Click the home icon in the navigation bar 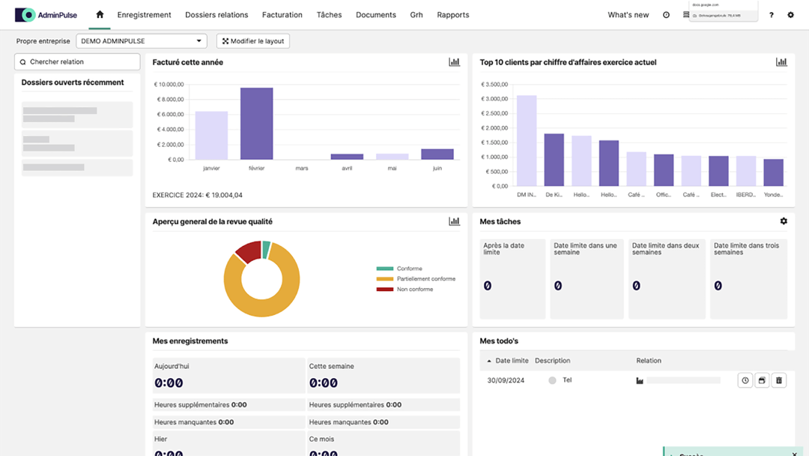(x=100, y=14)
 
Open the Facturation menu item (x=282, y=15)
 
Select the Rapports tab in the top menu (x=453, y=15)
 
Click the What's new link (x=628, y=15)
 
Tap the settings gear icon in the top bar (x=790, y=15)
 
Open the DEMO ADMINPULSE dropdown (x=142, y=41)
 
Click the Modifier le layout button (x=253, y=41)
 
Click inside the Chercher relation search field (x=78, y=62)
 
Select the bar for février (x=256, y=124)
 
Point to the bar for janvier (x=211, y=136)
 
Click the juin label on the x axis (x=437, y=169)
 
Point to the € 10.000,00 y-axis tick (x=169, y=85)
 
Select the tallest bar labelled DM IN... (x=527, y=140)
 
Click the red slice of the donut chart (x=247, y=251)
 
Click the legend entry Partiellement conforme (x=425, y=279)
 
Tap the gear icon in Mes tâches (x=784, y=221)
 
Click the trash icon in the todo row (x=779, y=380)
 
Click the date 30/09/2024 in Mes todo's (x=506, y=380)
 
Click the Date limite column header (x=512, y=361)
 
